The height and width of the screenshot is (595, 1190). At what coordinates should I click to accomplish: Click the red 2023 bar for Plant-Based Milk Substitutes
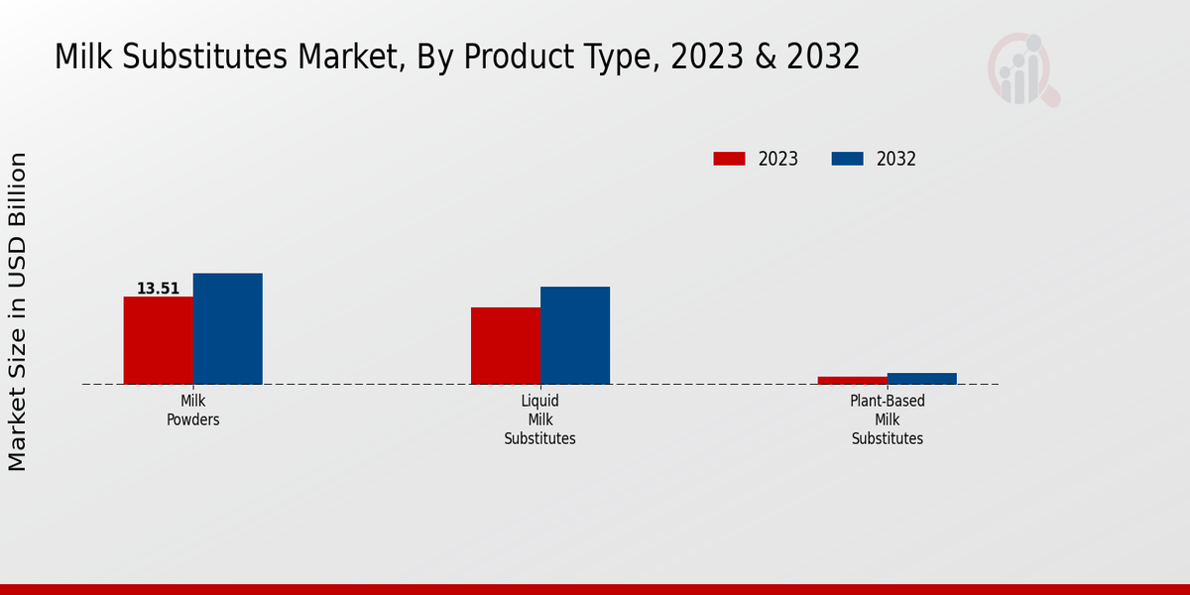coord(853,380)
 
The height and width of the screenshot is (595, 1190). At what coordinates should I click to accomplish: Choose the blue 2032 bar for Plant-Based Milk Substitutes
coord(922,378)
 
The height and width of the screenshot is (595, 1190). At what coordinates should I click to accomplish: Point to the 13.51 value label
coord(158,289)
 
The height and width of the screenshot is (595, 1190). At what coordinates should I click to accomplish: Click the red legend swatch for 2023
coord(729,159)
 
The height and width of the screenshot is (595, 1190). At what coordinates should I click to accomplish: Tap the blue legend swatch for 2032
coord(847,159)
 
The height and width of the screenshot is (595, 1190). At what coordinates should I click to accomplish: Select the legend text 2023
coord(778,159)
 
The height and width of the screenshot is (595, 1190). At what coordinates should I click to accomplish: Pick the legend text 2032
coord(896,159)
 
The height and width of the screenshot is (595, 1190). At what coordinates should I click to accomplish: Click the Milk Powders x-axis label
coord(193,410)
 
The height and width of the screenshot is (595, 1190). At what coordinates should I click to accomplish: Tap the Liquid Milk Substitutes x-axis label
coord(540,419)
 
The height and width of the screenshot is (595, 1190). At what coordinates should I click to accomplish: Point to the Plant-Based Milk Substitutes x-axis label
coord(888,419)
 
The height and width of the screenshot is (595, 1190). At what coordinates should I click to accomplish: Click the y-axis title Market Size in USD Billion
coord(18,311)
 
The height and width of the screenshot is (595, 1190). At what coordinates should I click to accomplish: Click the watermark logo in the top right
coord(1022,69)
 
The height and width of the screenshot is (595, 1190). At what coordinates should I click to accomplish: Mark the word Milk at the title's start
coord(83,58)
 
